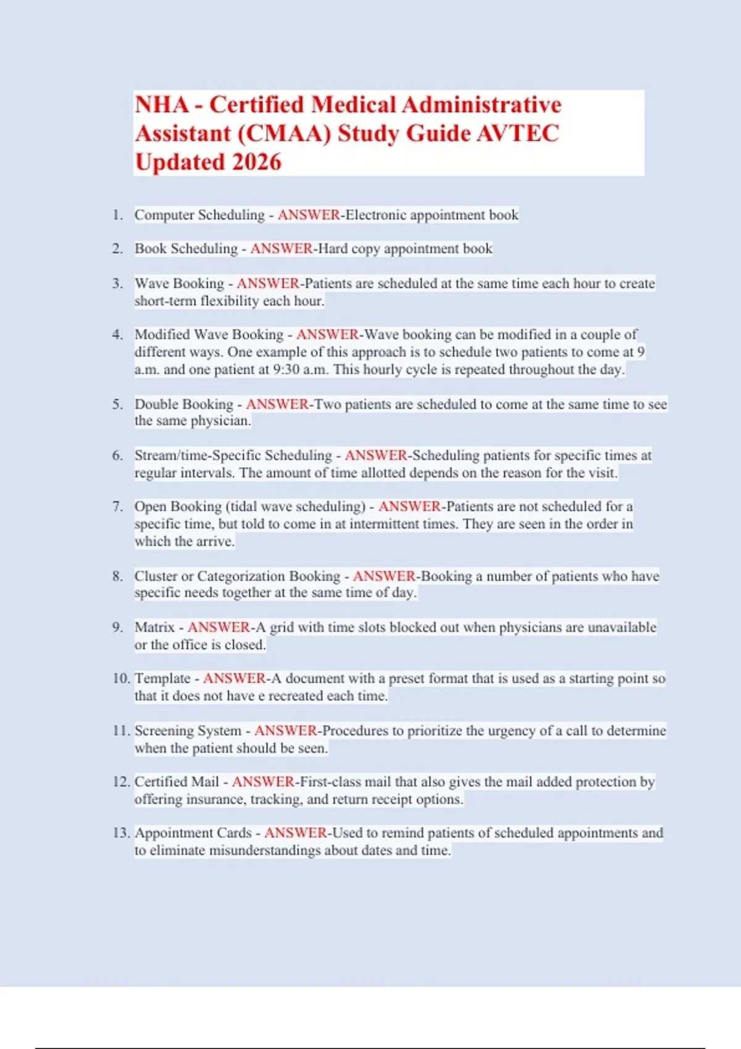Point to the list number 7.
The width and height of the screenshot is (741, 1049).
point(117,507)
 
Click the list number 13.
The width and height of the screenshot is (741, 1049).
point(121,833)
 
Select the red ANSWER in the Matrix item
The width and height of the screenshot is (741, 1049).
point(219,628)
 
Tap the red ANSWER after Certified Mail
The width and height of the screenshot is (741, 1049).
point(263,782)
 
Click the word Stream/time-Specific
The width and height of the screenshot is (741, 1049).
point(233,455)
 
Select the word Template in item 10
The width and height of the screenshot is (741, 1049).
point(162,679)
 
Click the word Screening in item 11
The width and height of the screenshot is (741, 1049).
point(164,731)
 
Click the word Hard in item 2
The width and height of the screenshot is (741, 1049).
point(332,249)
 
